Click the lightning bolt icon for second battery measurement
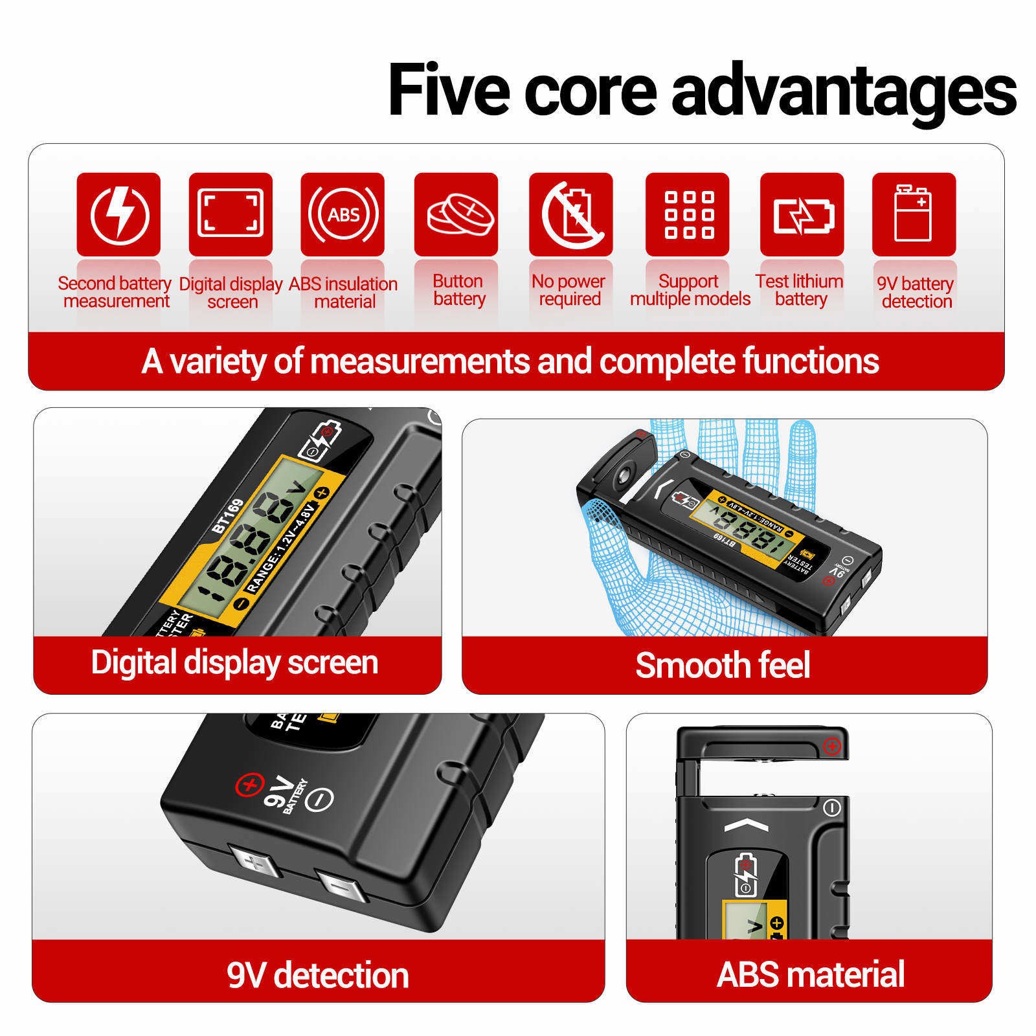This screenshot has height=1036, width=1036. coord(118,214)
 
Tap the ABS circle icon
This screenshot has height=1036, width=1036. coord(343,214)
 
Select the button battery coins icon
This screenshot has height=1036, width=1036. coord(456,214)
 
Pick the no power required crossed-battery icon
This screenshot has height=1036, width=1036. coord(571,214)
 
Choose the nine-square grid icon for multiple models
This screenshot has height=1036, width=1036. coord(688,214)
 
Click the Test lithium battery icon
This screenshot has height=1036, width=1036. coord(802,214)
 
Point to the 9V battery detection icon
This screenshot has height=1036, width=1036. coord(914,214)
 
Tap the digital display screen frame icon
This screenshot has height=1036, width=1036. coord(231,214)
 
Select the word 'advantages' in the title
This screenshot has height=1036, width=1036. coord(844,91)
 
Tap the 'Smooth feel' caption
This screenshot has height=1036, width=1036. coord(723,665)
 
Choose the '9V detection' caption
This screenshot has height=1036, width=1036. coord(318,975)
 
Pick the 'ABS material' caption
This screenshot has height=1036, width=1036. coord(811,974)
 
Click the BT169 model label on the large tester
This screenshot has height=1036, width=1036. coord(228,516)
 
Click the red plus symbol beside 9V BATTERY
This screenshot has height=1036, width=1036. coord(248,785)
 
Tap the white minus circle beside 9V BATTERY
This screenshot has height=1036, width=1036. coord(319,798)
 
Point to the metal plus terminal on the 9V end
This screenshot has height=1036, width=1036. coord(254,864)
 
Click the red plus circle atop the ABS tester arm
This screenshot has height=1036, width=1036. coord(832,747)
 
